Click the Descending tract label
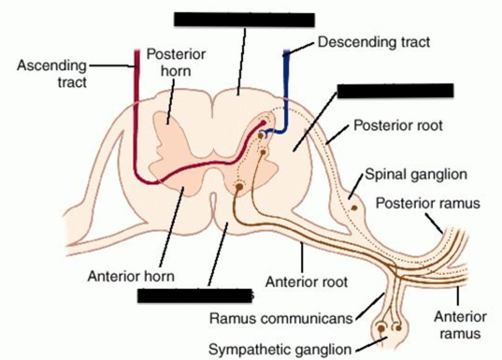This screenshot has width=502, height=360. tap(374, 42)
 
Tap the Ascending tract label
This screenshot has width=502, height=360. tap(52, 74)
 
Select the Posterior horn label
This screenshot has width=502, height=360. tap(176, 63)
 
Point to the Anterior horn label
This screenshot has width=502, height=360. tap(131, 276)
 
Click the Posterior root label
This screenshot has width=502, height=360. tap(398, 125)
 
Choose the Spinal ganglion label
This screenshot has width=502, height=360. tap(416, 174)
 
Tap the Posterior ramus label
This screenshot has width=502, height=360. tap(428, 203)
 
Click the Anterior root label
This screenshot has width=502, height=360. tap(306, 282)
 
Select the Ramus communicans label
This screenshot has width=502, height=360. tap(281, 318)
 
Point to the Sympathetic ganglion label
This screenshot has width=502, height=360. tap(280, 349)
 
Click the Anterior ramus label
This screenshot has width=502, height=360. tap(460, 325)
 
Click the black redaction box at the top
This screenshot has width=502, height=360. tap(244, 20)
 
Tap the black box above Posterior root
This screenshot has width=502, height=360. tap(395, 91)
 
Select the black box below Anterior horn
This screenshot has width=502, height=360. tap(194, 296)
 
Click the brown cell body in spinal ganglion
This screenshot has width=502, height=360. tap(354, 208)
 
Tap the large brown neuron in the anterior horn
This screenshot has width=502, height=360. tap(239, 187)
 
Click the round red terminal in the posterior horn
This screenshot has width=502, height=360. tap(262, 124)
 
